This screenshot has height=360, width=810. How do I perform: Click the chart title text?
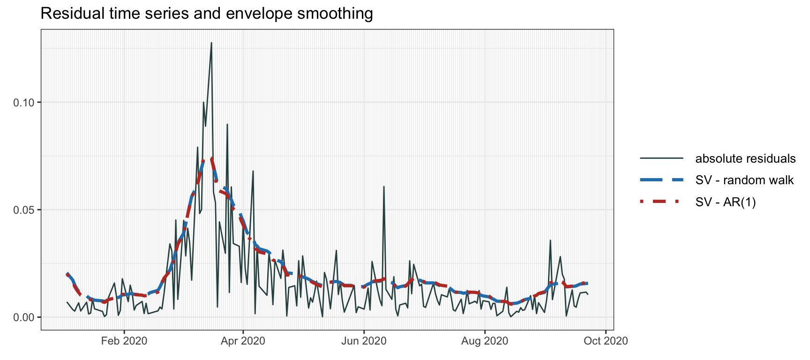[x=207, y=13]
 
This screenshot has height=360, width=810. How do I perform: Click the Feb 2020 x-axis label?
[x=124, y=341]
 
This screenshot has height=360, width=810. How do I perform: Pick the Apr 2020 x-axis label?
[x=243, y=341]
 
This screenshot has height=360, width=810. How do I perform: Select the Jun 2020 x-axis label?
[x=364, y=341]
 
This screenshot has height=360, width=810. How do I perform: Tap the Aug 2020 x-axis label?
[x=485, y=341]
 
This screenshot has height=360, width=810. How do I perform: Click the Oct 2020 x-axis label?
[x=606, y=341]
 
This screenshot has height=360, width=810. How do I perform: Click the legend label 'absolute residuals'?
[x=745, y=158]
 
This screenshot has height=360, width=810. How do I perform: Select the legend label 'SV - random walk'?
[x=744, y=180]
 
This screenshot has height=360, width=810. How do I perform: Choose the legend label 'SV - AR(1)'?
[x=726, y=202]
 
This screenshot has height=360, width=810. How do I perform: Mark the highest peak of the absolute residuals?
[x=211, y=43]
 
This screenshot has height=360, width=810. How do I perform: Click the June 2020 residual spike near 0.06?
[x=384, y=187]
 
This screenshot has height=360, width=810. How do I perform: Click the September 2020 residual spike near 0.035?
[x=550, y=240]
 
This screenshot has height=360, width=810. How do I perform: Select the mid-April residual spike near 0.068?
[x=253, y=171]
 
